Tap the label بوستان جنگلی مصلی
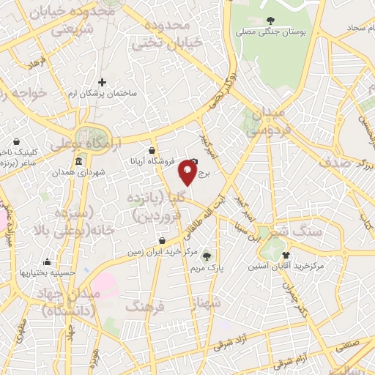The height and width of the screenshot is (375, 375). (x=272, y=32)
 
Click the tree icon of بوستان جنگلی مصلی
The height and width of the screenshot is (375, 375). (x=272, y=21)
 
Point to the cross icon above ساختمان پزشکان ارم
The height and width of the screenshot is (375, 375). (x=101, y=82)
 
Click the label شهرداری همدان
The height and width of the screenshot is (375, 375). (x=79, y=173)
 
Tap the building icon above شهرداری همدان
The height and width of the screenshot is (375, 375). (x=79, y=162)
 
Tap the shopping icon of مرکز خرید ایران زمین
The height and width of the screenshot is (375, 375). (x=161, y=240)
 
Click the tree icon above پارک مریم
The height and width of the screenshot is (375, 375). (x=208, y=256)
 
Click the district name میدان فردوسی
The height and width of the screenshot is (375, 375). (x=261, y=124)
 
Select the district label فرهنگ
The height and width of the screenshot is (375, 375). (x=142, y=306)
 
